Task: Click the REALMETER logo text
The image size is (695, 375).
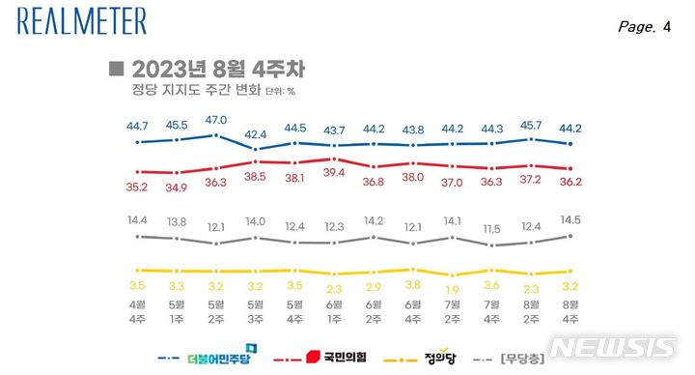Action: (82, 21)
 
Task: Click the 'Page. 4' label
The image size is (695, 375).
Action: (644, 27)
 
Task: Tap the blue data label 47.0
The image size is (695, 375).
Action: (215, 120)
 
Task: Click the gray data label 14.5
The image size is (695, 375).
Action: (570, 220)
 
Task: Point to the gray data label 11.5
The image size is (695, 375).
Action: (492, 229)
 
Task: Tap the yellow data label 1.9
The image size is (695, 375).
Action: (453, 288)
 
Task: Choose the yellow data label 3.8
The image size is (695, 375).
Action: (413, 286)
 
